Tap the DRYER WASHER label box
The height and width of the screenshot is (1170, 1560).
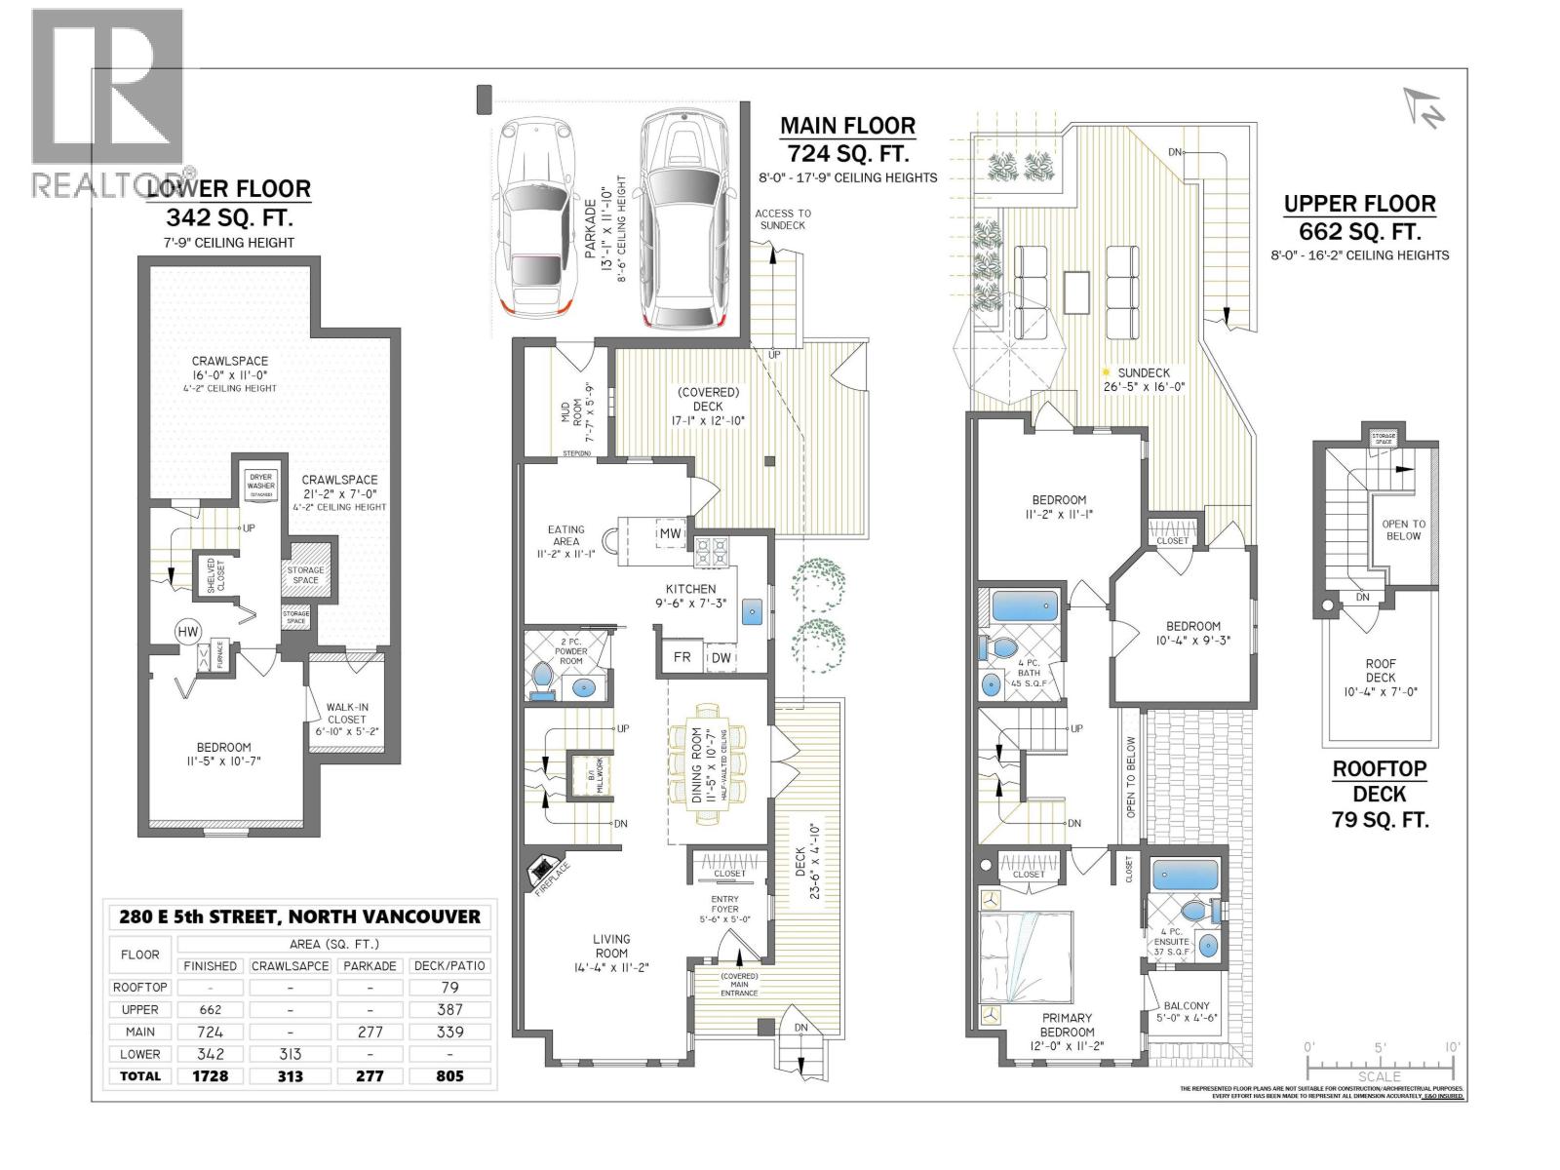[260, 484]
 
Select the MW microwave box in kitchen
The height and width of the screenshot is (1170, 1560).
[670, 533]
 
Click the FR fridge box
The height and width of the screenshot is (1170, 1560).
[682, 657]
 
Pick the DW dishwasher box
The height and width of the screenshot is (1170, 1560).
[721, 657]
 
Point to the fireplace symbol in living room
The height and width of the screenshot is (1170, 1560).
[543, 871]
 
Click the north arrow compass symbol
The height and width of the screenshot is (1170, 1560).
[1424, 108]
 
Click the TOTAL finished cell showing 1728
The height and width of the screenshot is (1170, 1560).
[210, 1076]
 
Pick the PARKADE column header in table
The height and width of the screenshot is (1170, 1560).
[370, 965]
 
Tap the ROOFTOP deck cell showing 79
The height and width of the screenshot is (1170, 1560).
[449, 987]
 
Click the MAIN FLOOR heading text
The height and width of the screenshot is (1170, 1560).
[846, 126]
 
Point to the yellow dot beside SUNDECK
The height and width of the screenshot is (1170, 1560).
[1106, 372]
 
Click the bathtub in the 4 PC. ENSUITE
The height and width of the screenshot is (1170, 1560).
[1184, 874]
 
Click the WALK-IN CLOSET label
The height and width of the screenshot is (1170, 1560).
[347, 713]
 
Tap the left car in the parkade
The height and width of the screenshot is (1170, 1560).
[531, 222]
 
